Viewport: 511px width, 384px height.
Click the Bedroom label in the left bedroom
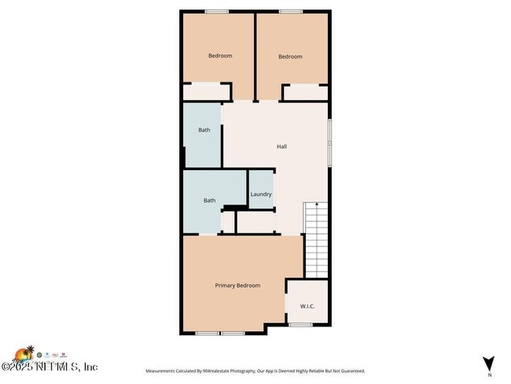click(219, 56)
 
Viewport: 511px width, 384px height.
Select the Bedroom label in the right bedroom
click(290, 57)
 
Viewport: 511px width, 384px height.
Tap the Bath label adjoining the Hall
click(204, 130)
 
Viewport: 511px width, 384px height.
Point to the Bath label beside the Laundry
click(209, 201)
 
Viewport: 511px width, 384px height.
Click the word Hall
click(281, 146)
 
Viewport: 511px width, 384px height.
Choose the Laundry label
click(261, 194)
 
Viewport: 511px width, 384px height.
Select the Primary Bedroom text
click(237, 286)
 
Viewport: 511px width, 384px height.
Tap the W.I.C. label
click(307, 306)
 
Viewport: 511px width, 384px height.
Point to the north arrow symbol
click(489, 364)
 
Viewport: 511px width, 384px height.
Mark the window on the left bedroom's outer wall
click(217, 11)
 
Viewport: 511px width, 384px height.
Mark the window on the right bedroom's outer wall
click(290, 11)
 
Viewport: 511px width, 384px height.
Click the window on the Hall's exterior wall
click(329, 142)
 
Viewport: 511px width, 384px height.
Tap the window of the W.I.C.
click(300, 325)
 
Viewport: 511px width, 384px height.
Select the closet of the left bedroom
click(206, 92)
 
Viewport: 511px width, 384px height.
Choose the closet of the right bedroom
click(305, 93)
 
